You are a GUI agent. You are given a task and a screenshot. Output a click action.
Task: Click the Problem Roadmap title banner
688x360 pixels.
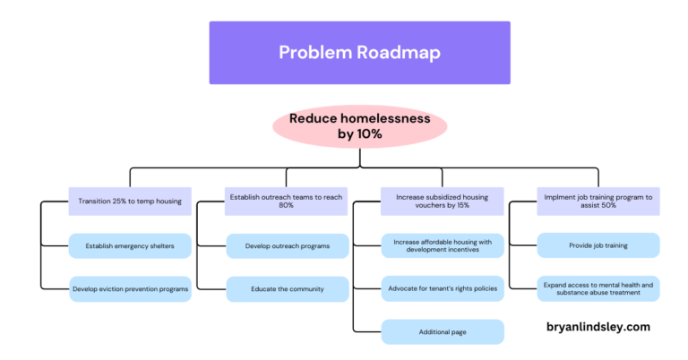(x=359, y=52)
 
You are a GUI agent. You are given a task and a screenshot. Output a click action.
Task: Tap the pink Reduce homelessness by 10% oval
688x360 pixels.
(x=359, y=125)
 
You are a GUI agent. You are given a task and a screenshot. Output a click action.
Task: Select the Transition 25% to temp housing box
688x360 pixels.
(x=130, y=201)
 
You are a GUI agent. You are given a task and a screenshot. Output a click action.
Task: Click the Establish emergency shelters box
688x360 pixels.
(x=130, y=245)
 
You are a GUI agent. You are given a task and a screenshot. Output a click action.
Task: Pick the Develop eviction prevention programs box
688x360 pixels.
(x=130, y=288)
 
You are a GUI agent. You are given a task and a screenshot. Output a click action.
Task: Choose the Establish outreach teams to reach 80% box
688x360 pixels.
(x=286, y=201)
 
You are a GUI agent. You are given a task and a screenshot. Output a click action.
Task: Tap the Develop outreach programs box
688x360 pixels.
(x=287, y=245)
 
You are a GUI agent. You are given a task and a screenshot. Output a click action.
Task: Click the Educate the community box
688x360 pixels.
(x=287, y=288)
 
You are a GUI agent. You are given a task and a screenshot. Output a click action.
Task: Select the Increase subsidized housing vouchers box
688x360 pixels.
(x=443, y=201)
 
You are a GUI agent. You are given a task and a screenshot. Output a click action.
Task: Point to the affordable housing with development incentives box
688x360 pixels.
(x=443, y=245)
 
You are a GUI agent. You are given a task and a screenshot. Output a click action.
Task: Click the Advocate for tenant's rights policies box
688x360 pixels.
(x=443, y=288)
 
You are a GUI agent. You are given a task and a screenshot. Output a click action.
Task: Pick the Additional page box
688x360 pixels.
(x=443, y=331)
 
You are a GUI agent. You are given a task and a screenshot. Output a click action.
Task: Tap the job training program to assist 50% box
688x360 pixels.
(x=598, y=201)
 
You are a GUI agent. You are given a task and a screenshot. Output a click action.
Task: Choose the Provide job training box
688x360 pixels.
(x=598, y=245)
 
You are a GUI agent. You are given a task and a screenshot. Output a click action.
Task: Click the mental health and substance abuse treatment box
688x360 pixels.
(x=598, y=288)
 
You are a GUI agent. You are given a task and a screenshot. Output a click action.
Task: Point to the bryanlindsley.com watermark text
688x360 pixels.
(x=598, y=327)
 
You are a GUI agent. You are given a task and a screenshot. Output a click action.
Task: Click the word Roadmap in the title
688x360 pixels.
(x=399, y=52)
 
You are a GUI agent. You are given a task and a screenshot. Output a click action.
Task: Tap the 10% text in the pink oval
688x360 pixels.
(x=369, y=134)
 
